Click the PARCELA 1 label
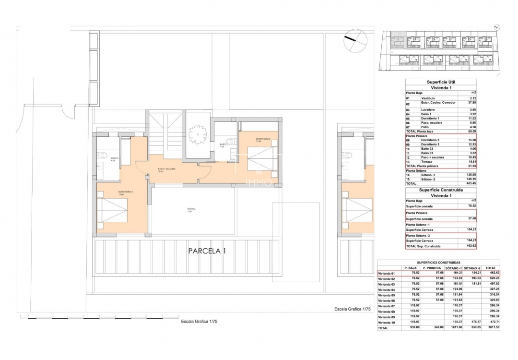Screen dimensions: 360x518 coord(207,251)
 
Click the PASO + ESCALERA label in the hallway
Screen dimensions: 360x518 coord(167,169)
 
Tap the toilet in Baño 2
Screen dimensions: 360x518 coord(103,155)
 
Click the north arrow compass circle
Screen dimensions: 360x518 coord(355,40)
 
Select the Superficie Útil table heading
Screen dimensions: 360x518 coord(440,82)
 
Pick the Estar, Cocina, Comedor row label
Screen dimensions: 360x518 coord(442,102)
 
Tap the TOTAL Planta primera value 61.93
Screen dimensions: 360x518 coord(471,166)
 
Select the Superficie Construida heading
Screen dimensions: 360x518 coord(440,190)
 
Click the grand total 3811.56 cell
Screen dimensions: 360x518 coord(490,328)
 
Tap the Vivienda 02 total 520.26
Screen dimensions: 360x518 coord(490,278)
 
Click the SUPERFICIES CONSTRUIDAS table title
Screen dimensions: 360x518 coord(438,263)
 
